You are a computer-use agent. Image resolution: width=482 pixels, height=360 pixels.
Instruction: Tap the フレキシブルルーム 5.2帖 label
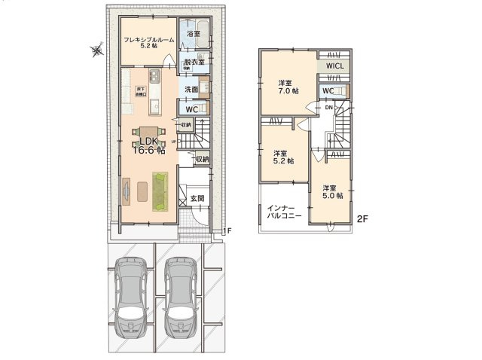(148, 42)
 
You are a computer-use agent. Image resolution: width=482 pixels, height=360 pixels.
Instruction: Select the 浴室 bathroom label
(194, 33)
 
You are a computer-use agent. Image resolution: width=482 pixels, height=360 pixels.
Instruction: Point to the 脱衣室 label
(193, 63)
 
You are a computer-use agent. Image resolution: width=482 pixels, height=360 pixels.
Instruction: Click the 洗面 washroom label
(191, 90)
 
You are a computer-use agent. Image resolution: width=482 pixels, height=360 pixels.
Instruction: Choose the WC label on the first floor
(191, 108)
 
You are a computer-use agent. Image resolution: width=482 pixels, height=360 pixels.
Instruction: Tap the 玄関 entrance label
(197, 198)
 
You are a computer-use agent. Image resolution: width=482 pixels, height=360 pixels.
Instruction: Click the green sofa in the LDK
(160, 190)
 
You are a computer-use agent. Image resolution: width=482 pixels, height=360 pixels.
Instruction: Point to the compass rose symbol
(97, 51)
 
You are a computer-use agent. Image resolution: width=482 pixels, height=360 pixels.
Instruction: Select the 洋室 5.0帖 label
(332, 191)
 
